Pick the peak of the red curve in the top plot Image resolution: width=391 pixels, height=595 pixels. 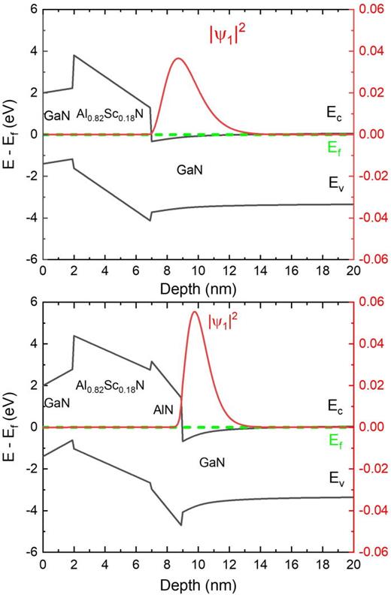click(x=178, y=59)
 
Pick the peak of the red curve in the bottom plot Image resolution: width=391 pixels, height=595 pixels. click(x=195, y=311)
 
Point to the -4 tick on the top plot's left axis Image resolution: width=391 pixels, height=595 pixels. click(x=29, y=218)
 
